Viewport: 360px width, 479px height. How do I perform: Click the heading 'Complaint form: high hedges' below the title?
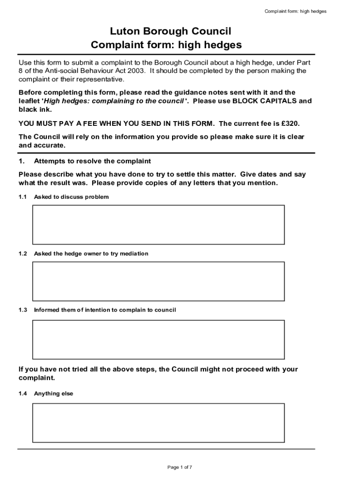(166, 45)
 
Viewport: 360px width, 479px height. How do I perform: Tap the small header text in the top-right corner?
(295, 11)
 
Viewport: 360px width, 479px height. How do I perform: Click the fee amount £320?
(289, 123)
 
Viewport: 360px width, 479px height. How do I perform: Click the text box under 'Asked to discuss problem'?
(158, 225)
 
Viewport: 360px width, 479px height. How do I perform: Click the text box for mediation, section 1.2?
(158, 281)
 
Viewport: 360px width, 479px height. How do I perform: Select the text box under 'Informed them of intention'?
(158, 339)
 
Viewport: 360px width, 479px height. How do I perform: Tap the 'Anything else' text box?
(158, 423)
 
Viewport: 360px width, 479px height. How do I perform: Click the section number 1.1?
(23, 197)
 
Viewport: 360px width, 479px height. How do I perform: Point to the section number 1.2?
(23, 254)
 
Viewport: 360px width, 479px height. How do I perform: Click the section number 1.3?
(23, 310)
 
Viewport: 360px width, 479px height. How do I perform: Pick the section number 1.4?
(23, 394)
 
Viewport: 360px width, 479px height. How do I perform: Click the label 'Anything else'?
(53, 394)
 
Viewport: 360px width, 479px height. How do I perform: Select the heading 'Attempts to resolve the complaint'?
(92, 161)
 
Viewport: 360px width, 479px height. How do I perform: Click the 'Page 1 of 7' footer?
(180, 467)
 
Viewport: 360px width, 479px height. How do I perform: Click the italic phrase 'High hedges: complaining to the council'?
(115, 101)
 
